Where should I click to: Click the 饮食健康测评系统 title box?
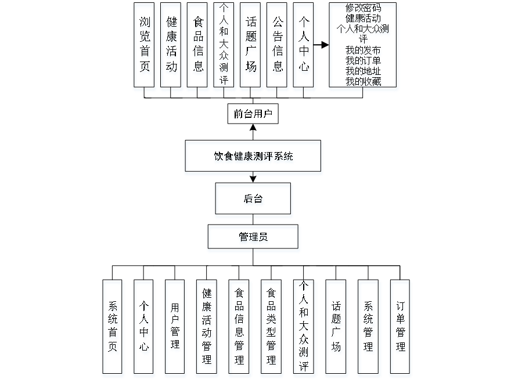253,157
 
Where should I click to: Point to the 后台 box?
254,200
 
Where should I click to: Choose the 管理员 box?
254,238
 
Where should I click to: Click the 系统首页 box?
113,328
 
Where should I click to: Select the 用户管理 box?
175,328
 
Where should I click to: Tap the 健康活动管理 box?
207,328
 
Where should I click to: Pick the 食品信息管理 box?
239,328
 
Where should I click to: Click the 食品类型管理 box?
271,328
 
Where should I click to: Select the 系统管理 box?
369,328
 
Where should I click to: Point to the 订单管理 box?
400,328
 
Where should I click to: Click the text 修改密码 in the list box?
364,8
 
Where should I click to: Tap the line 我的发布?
364,51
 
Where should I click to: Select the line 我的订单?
364,61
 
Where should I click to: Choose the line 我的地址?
364,71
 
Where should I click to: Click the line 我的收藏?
364,81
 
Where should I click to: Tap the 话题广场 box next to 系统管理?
336,328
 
